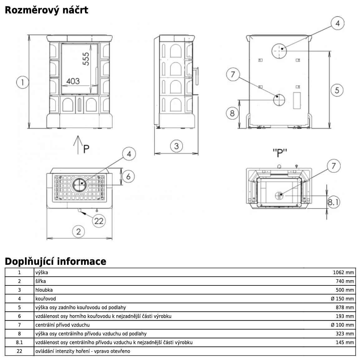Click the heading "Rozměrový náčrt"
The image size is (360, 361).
pos(46,10)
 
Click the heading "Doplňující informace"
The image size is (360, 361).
pos(56,261)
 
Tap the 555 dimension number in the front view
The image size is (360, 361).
pos(85,59)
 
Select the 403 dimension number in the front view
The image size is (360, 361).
pos(73,81)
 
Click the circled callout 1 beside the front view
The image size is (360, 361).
pos(22,82)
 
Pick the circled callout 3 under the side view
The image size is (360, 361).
pos(176,146)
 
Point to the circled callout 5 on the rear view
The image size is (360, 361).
pos(337,90)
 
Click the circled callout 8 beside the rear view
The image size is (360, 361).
pos(232,113)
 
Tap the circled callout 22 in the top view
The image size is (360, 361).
pos(99,221)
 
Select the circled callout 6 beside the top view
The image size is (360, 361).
pos(128,176)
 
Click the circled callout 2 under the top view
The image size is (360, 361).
pos(78,231)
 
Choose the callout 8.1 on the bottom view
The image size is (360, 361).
pos(333,202)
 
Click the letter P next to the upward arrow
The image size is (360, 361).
pos(86,148)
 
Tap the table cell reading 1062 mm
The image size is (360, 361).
pos(343,272)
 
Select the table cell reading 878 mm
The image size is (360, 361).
pos(345,307)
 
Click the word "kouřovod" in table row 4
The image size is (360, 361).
pos(46,299)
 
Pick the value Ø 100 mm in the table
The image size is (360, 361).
pos(343,325)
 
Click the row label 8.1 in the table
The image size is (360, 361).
pos(19,342)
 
